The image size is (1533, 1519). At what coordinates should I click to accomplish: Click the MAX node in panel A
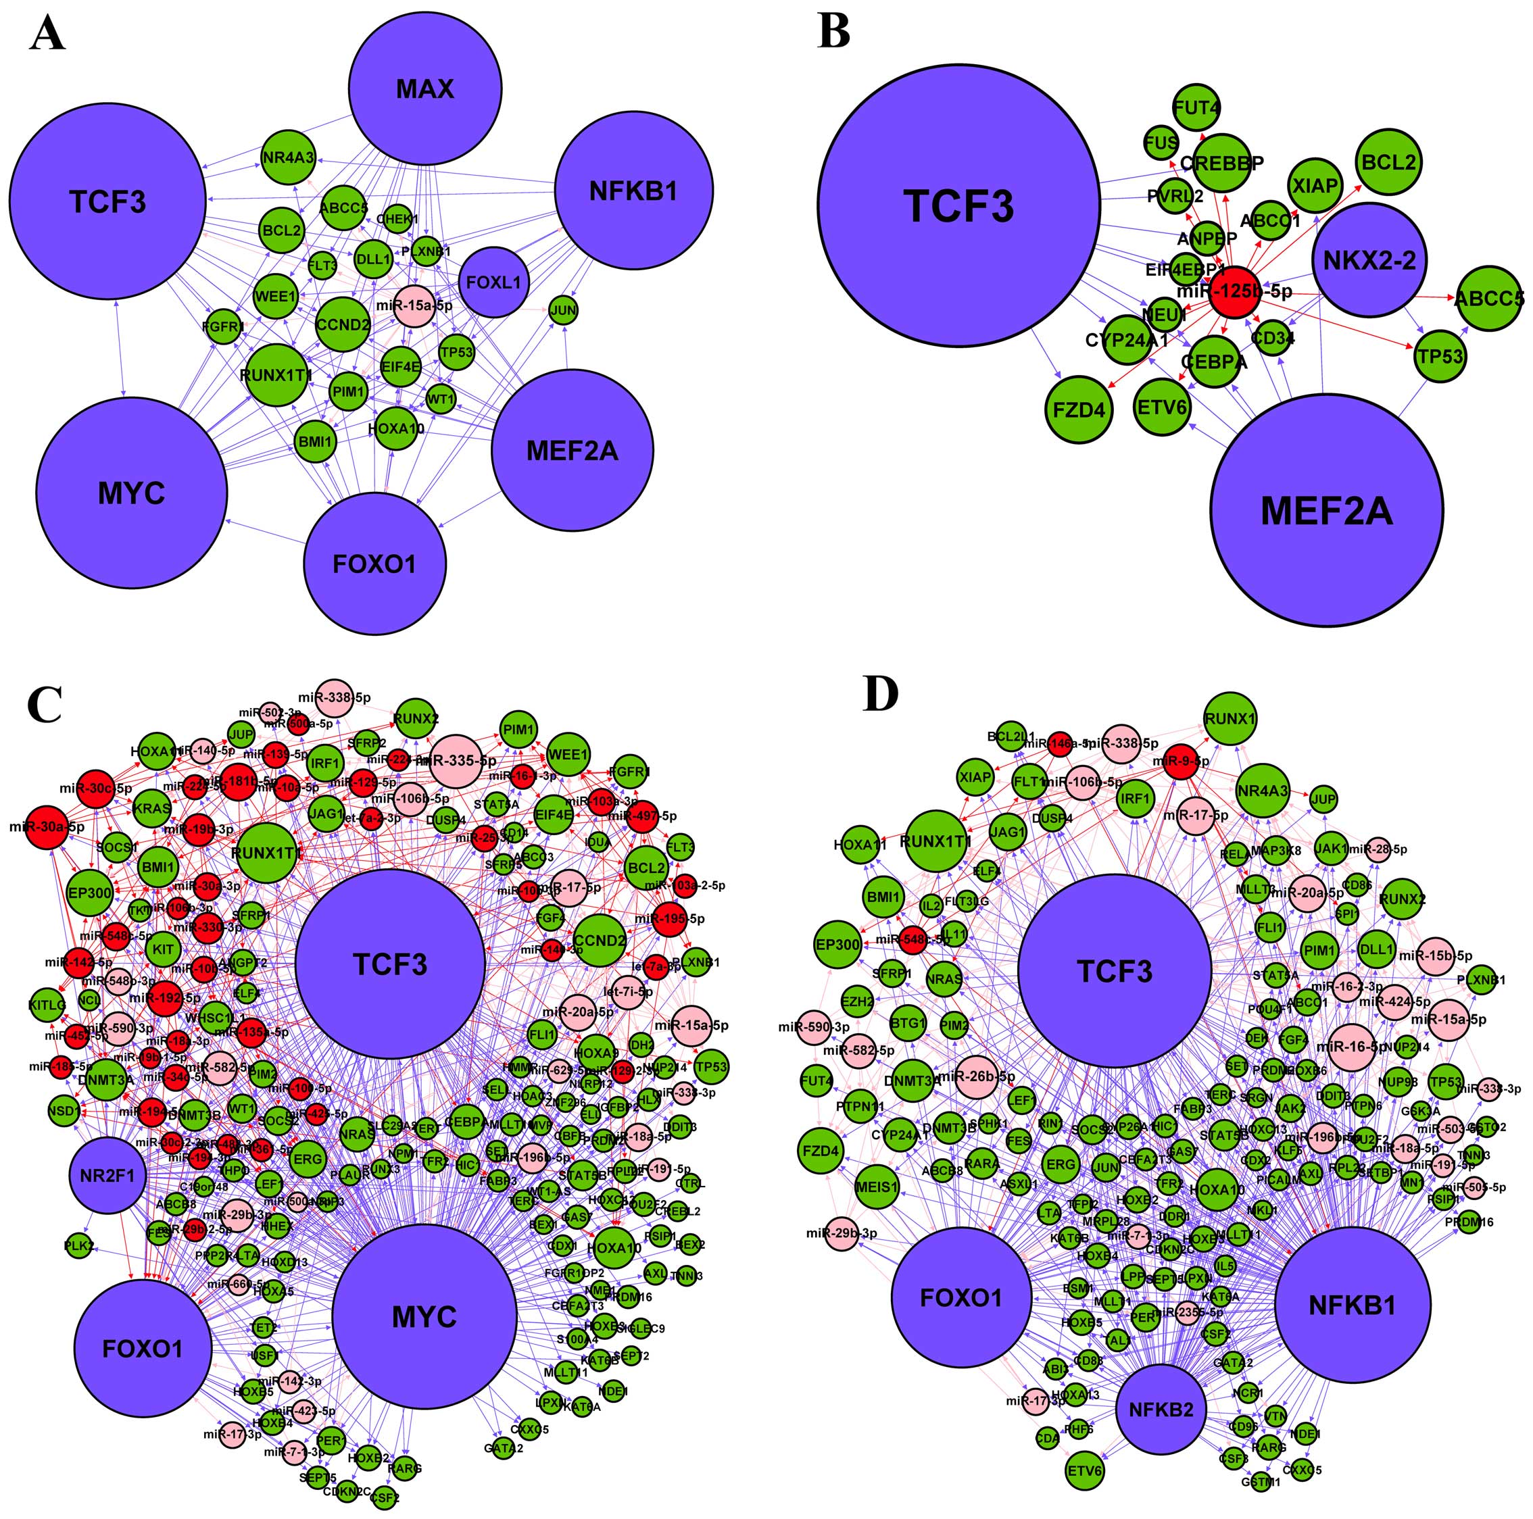(425, 89)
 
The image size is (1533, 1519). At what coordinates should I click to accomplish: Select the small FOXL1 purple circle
(493, 282)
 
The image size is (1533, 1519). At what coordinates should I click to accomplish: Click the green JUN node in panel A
(563, 310)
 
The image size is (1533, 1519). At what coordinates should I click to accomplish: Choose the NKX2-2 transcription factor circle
(1369, 260)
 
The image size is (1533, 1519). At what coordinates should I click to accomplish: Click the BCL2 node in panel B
(1388, 163)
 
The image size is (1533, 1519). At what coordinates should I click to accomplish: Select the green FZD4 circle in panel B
(1078, 410)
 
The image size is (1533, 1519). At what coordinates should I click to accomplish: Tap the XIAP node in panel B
(1315, 186)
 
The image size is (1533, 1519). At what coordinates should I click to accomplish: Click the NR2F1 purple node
(107, 1175)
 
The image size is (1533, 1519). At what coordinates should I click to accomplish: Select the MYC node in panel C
(424, 1317)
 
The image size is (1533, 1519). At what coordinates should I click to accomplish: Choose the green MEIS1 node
(877, 1187)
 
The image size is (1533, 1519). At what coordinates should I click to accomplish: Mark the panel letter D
(881, 693)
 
